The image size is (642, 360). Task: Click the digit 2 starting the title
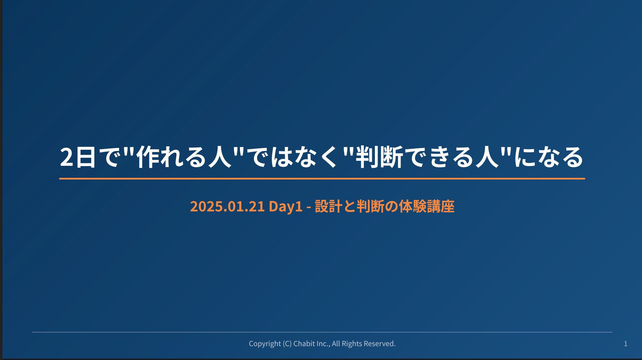click(x=67, y=157)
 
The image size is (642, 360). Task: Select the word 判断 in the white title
click(x=379, y=157)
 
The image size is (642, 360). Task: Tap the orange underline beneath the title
click(x=322, y=179)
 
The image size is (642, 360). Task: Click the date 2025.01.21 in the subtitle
click(x=227, y=206)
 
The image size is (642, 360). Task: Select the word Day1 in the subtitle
click(x=286, y=207)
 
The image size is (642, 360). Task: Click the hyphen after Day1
click(x=309, y=207)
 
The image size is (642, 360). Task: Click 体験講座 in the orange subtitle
click(x=426, y=206)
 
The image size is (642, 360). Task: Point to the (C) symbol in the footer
click(x=287, y=344)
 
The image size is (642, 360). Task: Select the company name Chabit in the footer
click(x=304, y=344)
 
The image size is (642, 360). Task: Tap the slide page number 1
click(x=626, y=344)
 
